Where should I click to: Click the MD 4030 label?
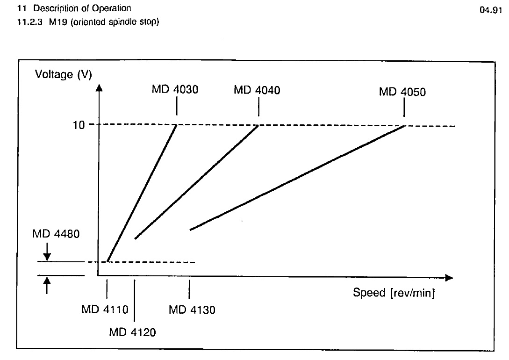coord(175,90)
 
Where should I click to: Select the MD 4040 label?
coord(257,90)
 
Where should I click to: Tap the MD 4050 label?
coord(402,92)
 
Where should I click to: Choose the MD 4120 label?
coord(133,333)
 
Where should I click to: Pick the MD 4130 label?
coord(192,310)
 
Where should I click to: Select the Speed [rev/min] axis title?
coord(394,293)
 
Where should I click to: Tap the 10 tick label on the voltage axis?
coord(79,125)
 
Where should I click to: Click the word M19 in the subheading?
coord(51,22)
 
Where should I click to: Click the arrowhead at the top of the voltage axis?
coord(99,89)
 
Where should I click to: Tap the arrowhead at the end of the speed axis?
coord(449,278)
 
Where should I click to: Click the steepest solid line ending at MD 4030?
coord(142,193)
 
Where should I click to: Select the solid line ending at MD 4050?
coord(297,178)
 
